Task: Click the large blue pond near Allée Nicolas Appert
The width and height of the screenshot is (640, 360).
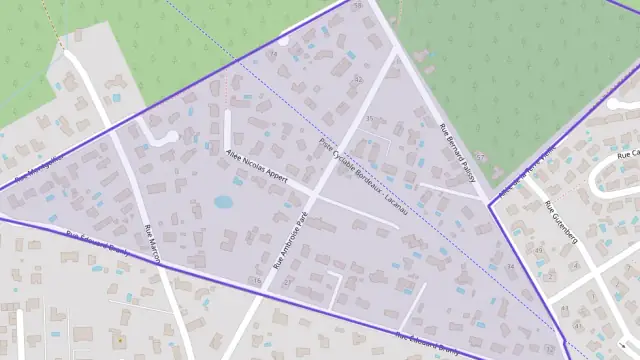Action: (x=222, y=202)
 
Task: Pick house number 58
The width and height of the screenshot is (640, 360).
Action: (x=359, y=6)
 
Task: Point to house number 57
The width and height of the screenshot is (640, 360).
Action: (x=480, y=156)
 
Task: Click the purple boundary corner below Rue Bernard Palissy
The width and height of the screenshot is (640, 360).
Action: (x=489, y=205)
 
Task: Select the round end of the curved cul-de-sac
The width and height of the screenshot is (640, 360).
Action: (x=171, y=136)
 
